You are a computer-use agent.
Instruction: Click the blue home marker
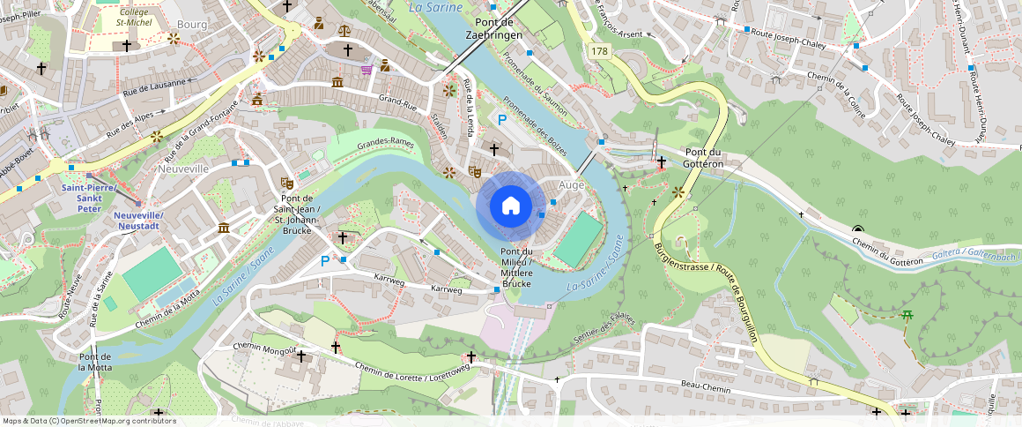point(510,206)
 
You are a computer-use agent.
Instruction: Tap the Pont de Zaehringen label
point(499,27)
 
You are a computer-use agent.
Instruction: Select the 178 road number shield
point(600,52)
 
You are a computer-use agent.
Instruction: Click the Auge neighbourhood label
point(572,185)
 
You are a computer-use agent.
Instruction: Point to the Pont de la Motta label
point(95,362)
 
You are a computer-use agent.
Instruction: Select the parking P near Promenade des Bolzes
point(502,120)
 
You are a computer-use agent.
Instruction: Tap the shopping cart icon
point(366,69)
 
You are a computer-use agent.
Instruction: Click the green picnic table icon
point(906,315)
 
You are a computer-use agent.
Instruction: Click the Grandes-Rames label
point(385,142)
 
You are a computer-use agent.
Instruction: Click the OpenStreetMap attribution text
point(89,421)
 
